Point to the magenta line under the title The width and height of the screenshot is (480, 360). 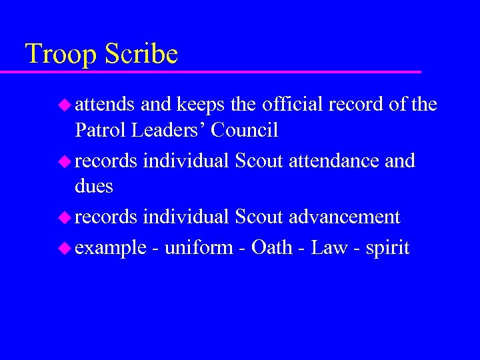point(220,71)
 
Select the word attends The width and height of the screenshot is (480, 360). point(105,105)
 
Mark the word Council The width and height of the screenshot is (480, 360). point(245,130)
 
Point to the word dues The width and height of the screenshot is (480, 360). point(94,186)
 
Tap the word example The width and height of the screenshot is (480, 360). point(110,249)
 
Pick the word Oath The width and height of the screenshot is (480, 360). point(272,248)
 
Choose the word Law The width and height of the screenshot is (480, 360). point(329,248)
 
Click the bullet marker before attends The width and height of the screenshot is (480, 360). point(64,105)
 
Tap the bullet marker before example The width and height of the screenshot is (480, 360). point(64,248)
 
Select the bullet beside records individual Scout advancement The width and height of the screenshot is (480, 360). point(64,217)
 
